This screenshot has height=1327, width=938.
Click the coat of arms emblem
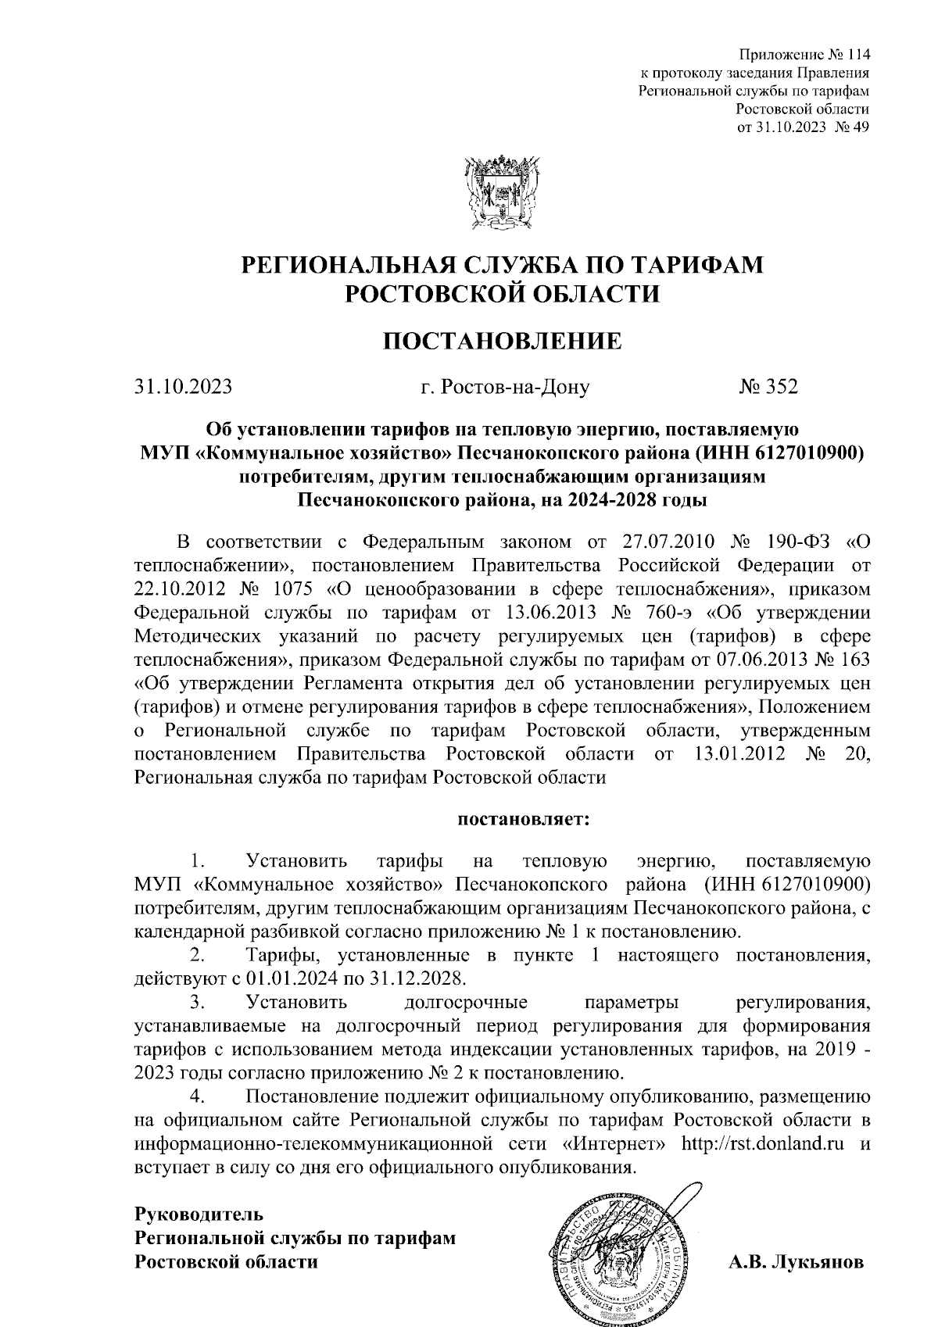pyautogui.click(x=503, y=193)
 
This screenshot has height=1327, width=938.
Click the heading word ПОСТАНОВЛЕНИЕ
pyautogui.click(x=502, y=342)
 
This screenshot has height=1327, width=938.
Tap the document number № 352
pyautogui.click(x=768, y=386)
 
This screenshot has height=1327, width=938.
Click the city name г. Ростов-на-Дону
pyautogui.click(x=504, y=386)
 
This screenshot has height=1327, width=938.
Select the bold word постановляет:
pyautogui.click(x=524, y=821)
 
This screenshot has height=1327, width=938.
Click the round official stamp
pyautogui.click(x=618, y=1250)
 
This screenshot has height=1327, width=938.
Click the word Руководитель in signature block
pyautogui.click(x=199, y=1215)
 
